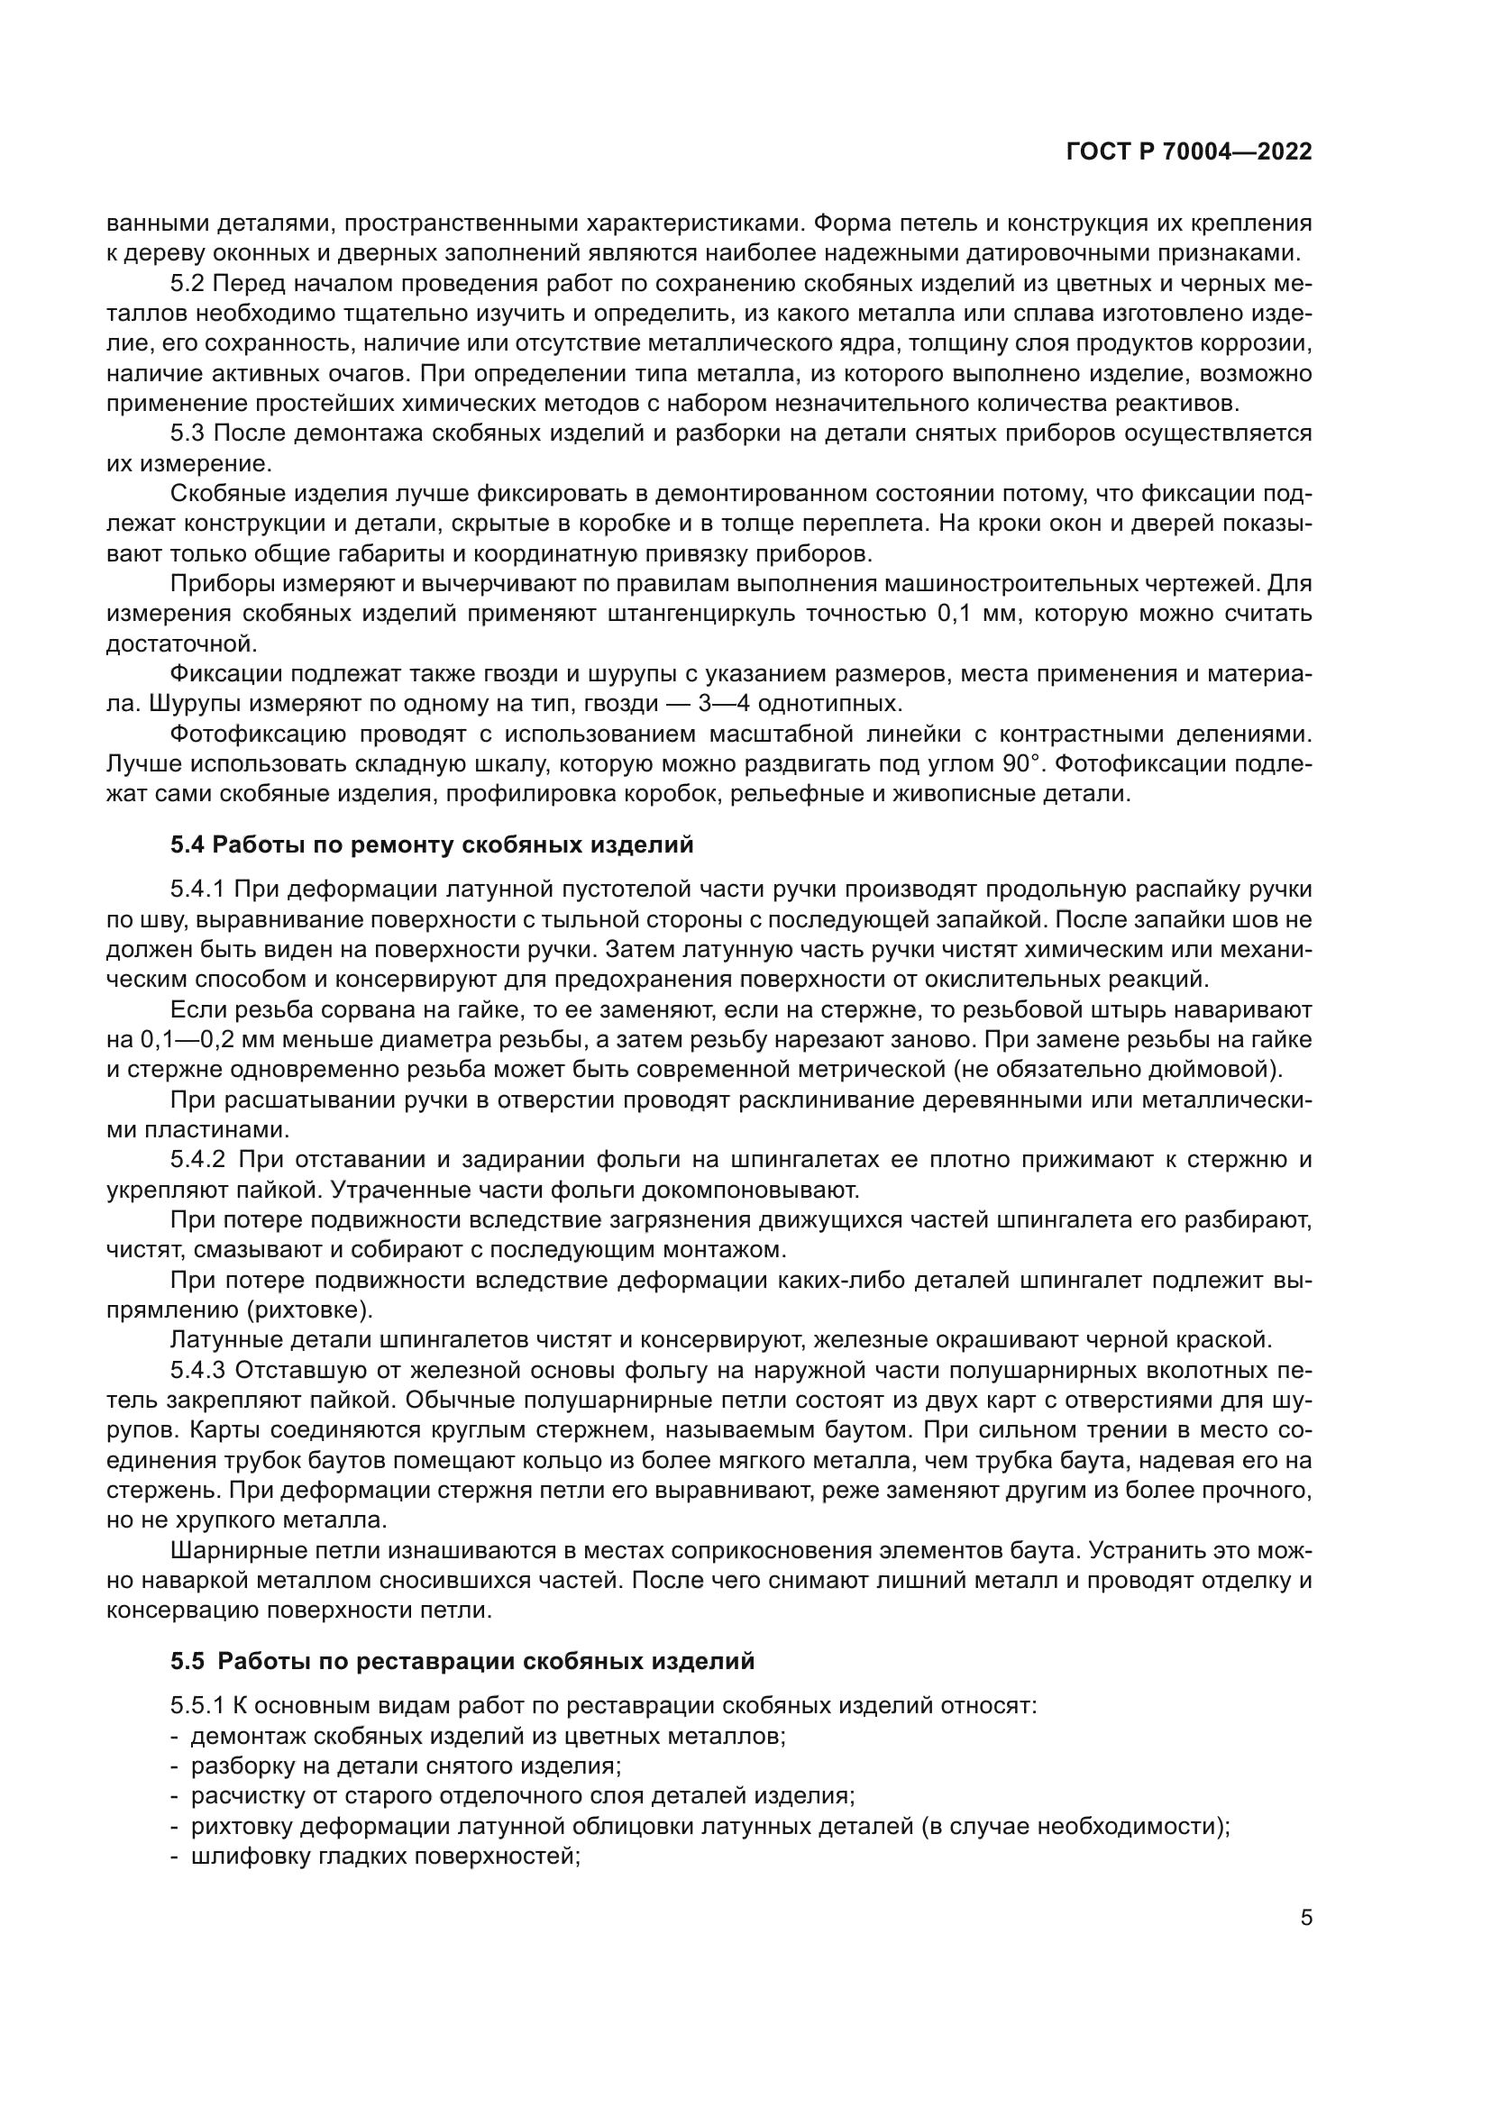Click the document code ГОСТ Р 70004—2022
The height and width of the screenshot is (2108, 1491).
coord(1189,152)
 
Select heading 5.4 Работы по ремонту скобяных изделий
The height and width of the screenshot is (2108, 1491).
coord(432,845)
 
